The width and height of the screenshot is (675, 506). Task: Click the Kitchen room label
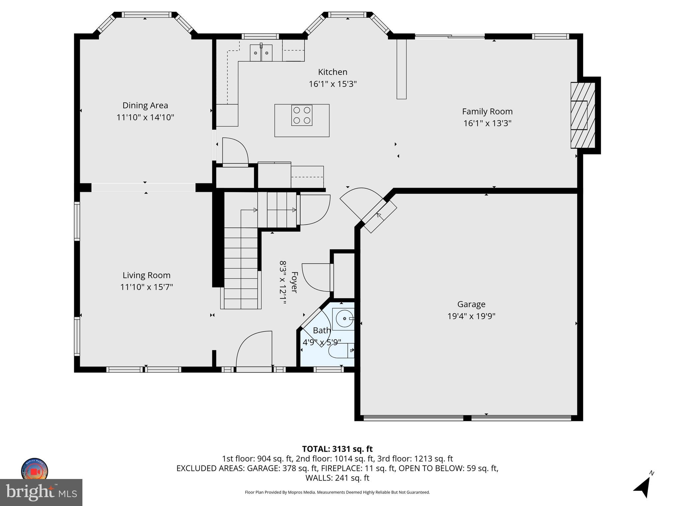333,72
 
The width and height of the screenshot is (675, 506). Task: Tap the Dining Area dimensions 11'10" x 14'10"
145,117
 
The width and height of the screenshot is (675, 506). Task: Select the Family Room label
487,111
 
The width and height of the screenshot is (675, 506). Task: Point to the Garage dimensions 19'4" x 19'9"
471,316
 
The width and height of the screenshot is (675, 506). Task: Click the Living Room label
146,275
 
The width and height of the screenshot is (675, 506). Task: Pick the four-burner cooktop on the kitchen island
302,115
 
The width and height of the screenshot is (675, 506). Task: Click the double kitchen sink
261,53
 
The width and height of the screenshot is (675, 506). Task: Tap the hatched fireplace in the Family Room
582,115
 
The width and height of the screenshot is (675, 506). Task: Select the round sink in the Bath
343,319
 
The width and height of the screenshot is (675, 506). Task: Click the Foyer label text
294,282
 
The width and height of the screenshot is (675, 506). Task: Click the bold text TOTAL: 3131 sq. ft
337,449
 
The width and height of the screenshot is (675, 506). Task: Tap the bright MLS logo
41,492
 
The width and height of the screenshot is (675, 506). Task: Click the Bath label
321,330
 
